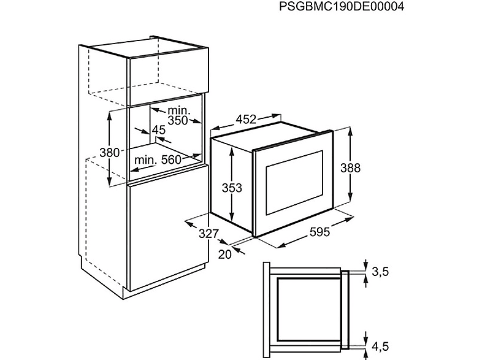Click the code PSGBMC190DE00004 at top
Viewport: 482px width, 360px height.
[x=341, y=6]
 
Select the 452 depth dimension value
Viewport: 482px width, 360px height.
[x=246, y=119]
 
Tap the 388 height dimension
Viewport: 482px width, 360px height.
[x=350, y=168]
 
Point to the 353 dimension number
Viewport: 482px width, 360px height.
[x=232, y=188]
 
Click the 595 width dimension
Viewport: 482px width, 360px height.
[x=319, y=232]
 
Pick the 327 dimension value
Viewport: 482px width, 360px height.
[x=208, y=234]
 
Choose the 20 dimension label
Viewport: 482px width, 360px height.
[x=224, y=254]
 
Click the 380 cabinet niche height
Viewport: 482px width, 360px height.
[x=109, y=152]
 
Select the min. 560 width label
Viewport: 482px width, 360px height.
[x=158, y=160]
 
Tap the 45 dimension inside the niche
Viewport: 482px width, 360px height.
[x=159, y=130]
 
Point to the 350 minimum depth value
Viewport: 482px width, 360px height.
[x=178, y=120]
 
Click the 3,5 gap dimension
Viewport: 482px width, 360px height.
[x=381, y=272]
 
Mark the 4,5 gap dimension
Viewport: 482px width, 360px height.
[x=381, y=347]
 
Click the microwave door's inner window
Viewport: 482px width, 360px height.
[x=294, y=183]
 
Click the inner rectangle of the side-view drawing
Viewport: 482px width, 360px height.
[x=308, y=310]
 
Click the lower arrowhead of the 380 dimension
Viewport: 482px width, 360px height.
[x=110, y=182]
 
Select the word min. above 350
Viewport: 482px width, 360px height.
[x=179, y=110]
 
